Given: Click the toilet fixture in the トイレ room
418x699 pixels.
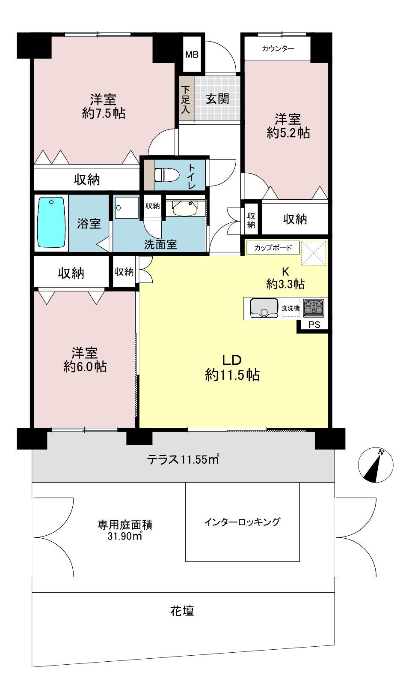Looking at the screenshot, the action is click(x=166, y=174).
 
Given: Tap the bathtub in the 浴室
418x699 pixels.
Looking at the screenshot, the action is click(x=51, y=222).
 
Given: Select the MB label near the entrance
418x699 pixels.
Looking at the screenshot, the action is click(x=192, y=55).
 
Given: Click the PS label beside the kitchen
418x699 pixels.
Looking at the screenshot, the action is click(x=314, y=325).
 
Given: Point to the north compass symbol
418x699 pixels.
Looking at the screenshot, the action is click(x=375, y=465).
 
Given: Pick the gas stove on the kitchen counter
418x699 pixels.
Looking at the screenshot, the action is click(x=314, y=308).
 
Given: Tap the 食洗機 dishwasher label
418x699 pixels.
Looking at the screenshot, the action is click(x=291, y=308).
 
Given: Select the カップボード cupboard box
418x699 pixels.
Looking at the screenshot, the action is click(x=273, y=248).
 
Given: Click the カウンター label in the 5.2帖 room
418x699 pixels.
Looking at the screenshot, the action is click(x=278, y=49).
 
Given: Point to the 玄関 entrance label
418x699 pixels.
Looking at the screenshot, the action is click(x=217, y=99).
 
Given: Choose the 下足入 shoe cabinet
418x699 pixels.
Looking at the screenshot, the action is click(x=186, y=99).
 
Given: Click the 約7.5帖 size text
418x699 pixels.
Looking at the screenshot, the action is click(x=104, y=113).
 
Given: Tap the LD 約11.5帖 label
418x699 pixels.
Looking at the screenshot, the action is click(x=232, y=368).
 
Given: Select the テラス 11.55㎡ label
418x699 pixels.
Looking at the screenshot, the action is click(x=183, y=459).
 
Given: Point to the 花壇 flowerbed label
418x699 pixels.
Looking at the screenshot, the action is click(x=182, y=611).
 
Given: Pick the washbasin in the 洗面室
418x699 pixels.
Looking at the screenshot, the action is click(x=185, y=208).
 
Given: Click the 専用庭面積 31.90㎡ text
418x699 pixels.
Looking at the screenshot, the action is click(x=125, y=530).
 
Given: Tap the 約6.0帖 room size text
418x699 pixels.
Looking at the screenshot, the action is click(x=85, y=367).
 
